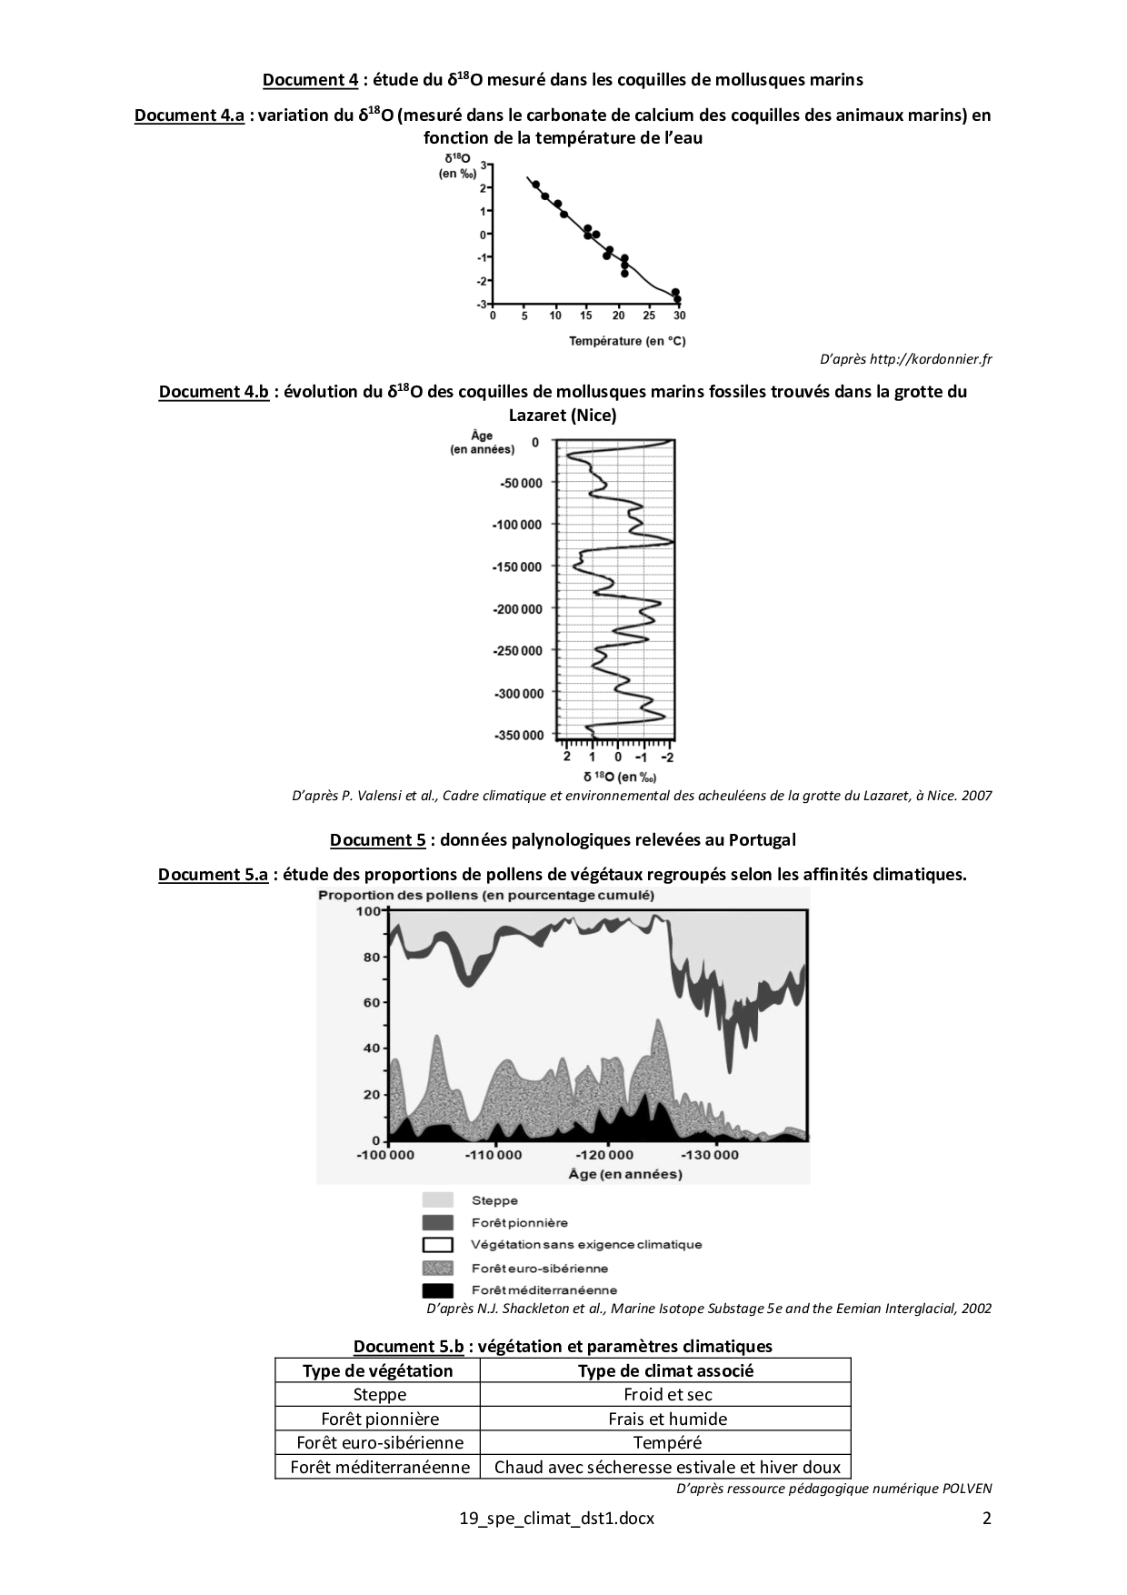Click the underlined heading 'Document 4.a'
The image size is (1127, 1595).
point(189,115)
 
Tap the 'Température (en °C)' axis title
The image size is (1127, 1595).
point(627,341)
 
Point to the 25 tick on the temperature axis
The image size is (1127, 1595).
point(649,316)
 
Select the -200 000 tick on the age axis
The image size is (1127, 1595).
point(517,608)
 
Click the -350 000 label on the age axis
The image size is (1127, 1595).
point(517,735)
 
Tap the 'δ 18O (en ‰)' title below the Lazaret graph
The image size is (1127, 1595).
point(619,777)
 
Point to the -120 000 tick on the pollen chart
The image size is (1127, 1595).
point(608,1156)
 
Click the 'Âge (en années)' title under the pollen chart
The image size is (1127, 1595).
point(625,1174)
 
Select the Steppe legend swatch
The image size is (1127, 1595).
point(438,1200)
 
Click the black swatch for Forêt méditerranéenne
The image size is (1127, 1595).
point(438,1290)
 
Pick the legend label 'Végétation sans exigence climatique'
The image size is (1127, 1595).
point(586,1245)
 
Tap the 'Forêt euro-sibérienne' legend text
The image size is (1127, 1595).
point(540,1268)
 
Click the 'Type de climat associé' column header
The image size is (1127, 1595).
point(666,1370)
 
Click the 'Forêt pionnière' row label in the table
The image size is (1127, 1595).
point(380,1419)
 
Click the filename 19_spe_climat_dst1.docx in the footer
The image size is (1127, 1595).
point(557,1519)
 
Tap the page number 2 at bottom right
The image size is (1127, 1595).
point(987,1519)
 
